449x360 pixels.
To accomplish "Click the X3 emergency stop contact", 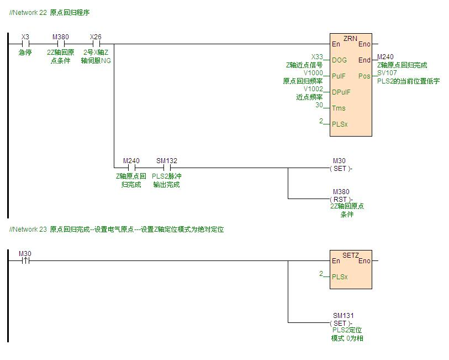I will coord(25,44).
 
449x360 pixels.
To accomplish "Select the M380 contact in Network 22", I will coord(61,44).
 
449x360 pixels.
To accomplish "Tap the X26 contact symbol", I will coord(96,44).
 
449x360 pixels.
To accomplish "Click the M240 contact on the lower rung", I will coord(131,168).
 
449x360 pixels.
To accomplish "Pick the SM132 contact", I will coord(167,168).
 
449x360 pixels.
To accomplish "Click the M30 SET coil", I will coord(341,168).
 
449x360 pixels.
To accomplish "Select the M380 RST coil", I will coord(341,199).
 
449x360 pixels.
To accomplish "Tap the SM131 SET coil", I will coord(341,323).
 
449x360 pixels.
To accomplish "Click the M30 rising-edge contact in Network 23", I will coord(25,260).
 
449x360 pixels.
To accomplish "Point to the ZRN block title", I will coord(350,39).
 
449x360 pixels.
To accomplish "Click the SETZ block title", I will coord(351,255).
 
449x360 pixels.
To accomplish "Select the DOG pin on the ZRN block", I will coord(339,60).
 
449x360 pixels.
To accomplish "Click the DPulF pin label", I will coord(341,92).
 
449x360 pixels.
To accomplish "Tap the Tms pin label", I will coord(339,108).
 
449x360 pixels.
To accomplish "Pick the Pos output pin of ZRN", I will coord(364,76).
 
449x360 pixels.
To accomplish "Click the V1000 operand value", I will coord(313,73).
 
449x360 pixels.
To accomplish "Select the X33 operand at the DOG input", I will coord(317,57).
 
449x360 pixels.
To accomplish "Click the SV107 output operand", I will coord(387,73).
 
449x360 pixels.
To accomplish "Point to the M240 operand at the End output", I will coord(385,57).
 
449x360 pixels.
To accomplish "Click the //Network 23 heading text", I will coord(28,229).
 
